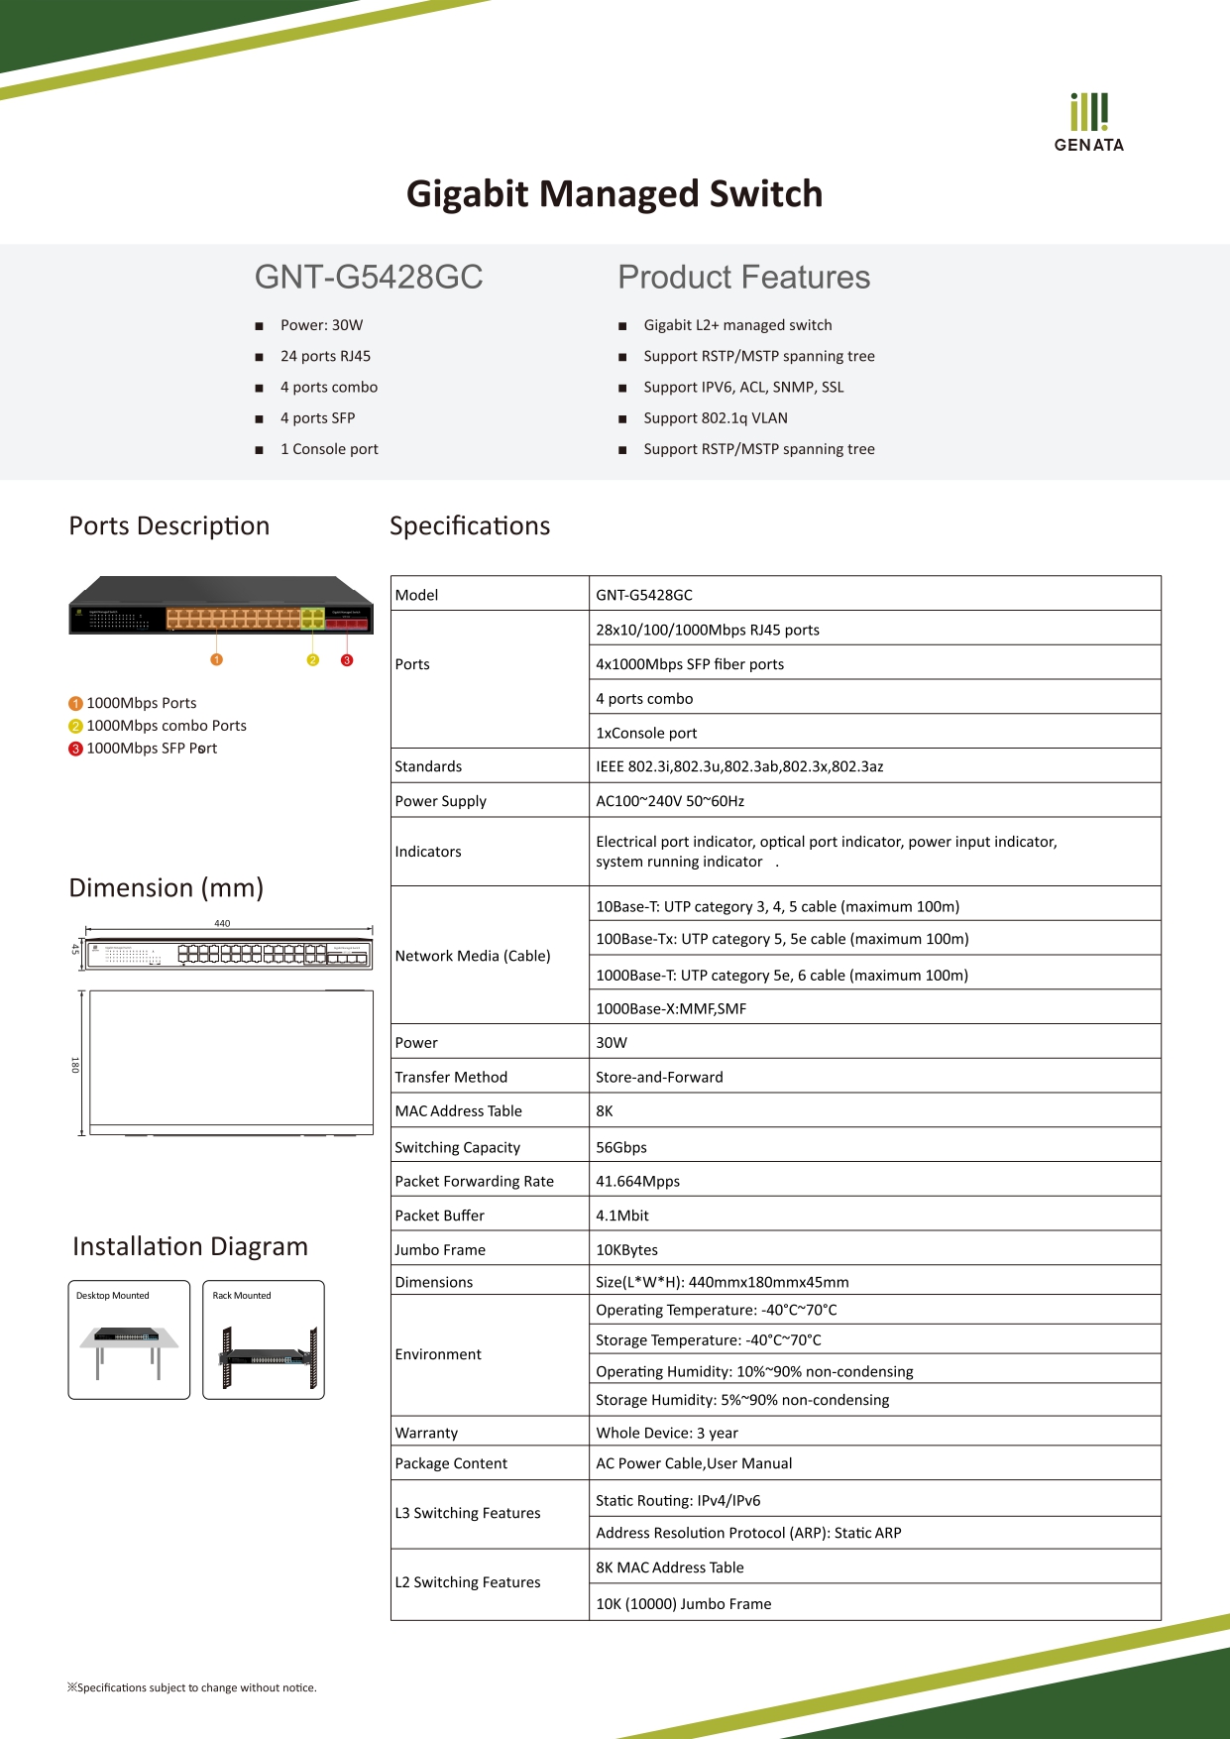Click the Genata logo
(1088, 122)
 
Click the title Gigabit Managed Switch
(615, 193)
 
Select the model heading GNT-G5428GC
(369, 277)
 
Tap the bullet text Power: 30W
(321, 325)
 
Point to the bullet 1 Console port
(329, 449)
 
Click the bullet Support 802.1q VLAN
(715, 418)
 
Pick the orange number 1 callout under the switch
(217, 659)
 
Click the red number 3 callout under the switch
(347, 659)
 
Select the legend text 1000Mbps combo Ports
(166, 726)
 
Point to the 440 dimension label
(222, 923)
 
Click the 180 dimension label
(74, 1065)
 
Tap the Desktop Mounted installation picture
(129, 1340)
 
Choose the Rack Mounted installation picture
(264, 1340)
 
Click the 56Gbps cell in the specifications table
(621, 1147)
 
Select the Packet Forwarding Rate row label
(474, 1181)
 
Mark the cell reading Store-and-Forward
(659, 1077)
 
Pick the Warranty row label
(426, 1433)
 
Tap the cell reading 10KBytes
(626, 1249)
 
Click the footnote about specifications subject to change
(192, 1687)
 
